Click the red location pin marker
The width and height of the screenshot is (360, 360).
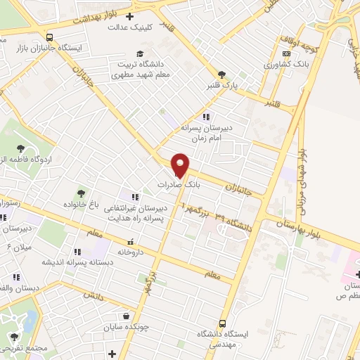pyautogui.click(x=181, y=165)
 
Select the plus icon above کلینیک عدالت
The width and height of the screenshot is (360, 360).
pyautogui.click(x=128, y=17)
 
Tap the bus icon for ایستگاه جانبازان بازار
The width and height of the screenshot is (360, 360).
pyautogui.click(x=49, y=37)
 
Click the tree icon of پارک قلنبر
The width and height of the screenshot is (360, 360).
pyautogui.click(x=222, y=74)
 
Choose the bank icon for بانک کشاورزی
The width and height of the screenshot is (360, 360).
pyautogui.click(x=286, y=53)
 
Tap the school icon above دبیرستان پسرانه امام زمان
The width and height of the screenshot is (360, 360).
pyautogui.click(x=205, y=117)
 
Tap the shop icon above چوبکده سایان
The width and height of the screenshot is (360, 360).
pyautogui.click(x=125, y=316)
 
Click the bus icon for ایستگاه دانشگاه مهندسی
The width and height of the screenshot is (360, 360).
pyautogui.click(x=222, y=324)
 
